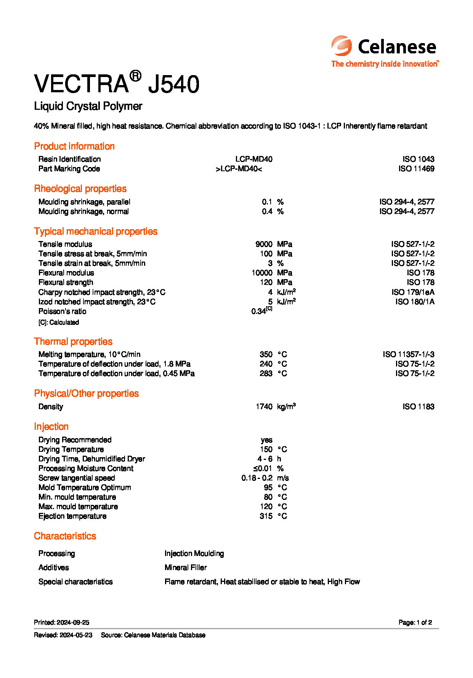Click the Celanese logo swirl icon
tap(341, 46)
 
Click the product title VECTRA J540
tap(117, 84)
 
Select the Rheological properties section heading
tap(80, 189)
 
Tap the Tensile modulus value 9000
tap(264, 244)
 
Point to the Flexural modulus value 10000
tap(262, 273)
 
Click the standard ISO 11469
tap(416, 169)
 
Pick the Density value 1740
tap(264, 406)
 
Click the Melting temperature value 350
tap(266, 354)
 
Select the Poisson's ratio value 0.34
tap(259, 311)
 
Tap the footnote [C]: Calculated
tap(59, 322)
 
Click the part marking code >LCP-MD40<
tap(239, 169)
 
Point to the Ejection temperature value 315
tap(266, 516)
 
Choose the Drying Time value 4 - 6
tap(265, 459)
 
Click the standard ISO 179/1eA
tap(413, 292)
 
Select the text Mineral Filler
tap(186, 567)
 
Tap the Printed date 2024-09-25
tap(73, 622)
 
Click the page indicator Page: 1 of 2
tap(415, 622)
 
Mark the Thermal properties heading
tap(73, 342)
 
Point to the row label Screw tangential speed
tap(77, 478)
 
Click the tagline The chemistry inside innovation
tap(385, 64)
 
